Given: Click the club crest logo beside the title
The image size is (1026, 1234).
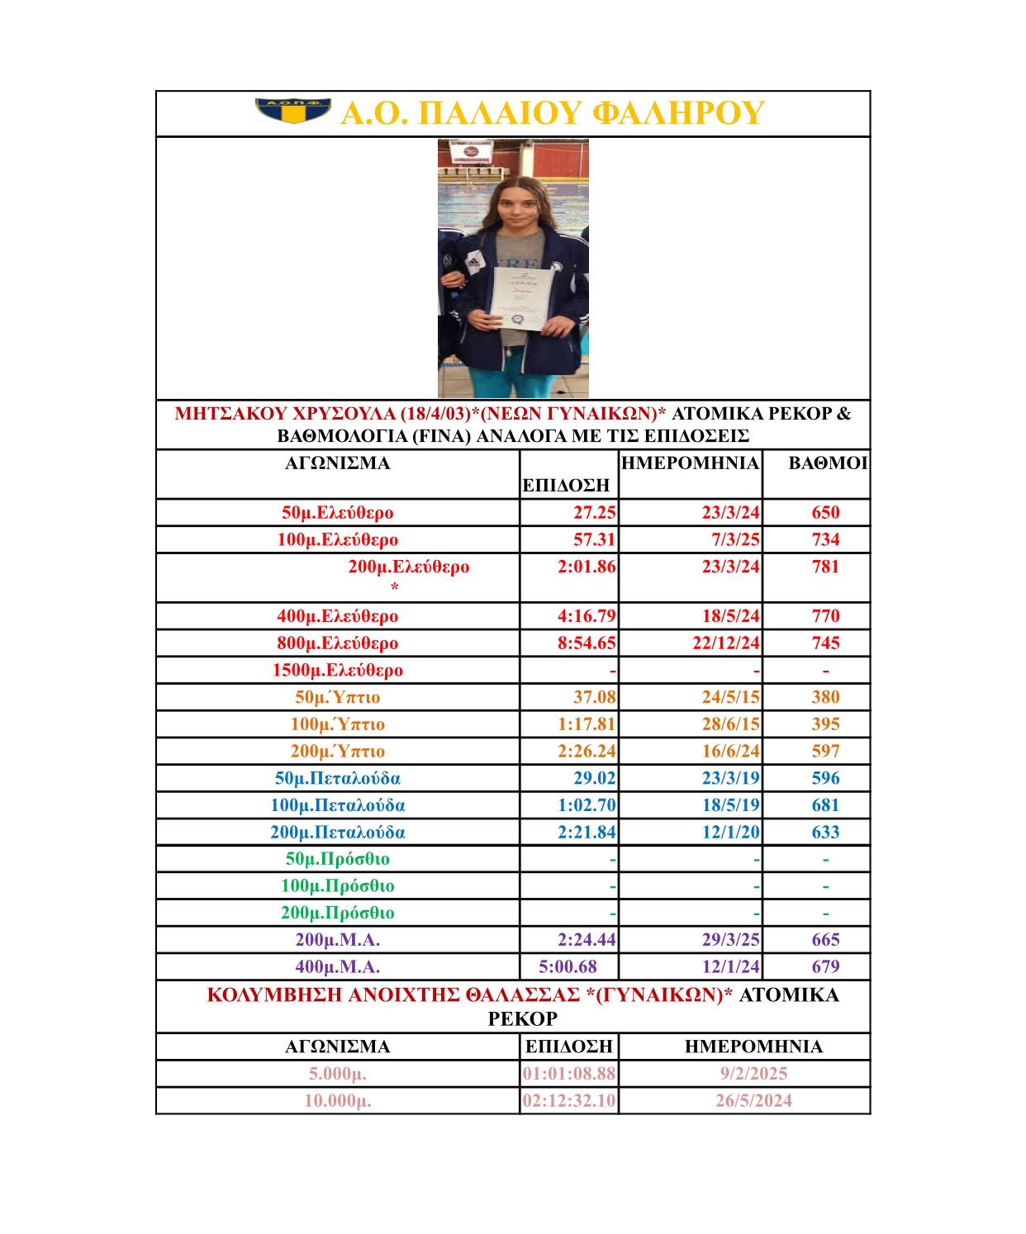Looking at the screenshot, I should (293, 111).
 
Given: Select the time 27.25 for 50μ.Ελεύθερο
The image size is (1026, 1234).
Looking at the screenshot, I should (595, 512).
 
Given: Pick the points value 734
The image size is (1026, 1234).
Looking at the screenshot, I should (825, 539).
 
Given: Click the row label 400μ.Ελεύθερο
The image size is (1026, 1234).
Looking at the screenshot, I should (338, 615).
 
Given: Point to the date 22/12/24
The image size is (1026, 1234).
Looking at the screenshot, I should (726, 643).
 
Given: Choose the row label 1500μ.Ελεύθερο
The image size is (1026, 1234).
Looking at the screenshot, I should (338, 670).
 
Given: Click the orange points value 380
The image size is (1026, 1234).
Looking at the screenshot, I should (825, 697).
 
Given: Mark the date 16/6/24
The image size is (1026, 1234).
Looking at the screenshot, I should (730, 751).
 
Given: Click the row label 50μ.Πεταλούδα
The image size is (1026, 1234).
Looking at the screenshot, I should (338, 778).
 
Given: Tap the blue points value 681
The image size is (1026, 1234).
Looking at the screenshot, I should (825, 805).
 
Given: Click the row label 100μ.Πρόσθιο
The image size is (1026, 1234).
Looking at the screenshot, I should (338, 885).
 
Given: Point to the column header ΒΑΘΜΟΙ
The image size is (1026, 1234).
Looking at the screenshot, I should (828, 463).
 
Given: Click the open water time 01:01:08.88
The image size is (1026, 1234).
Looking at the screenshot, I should (569, 1074).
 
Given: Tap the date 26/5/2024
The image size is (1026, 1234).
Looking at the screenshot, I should (753, 1101).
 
